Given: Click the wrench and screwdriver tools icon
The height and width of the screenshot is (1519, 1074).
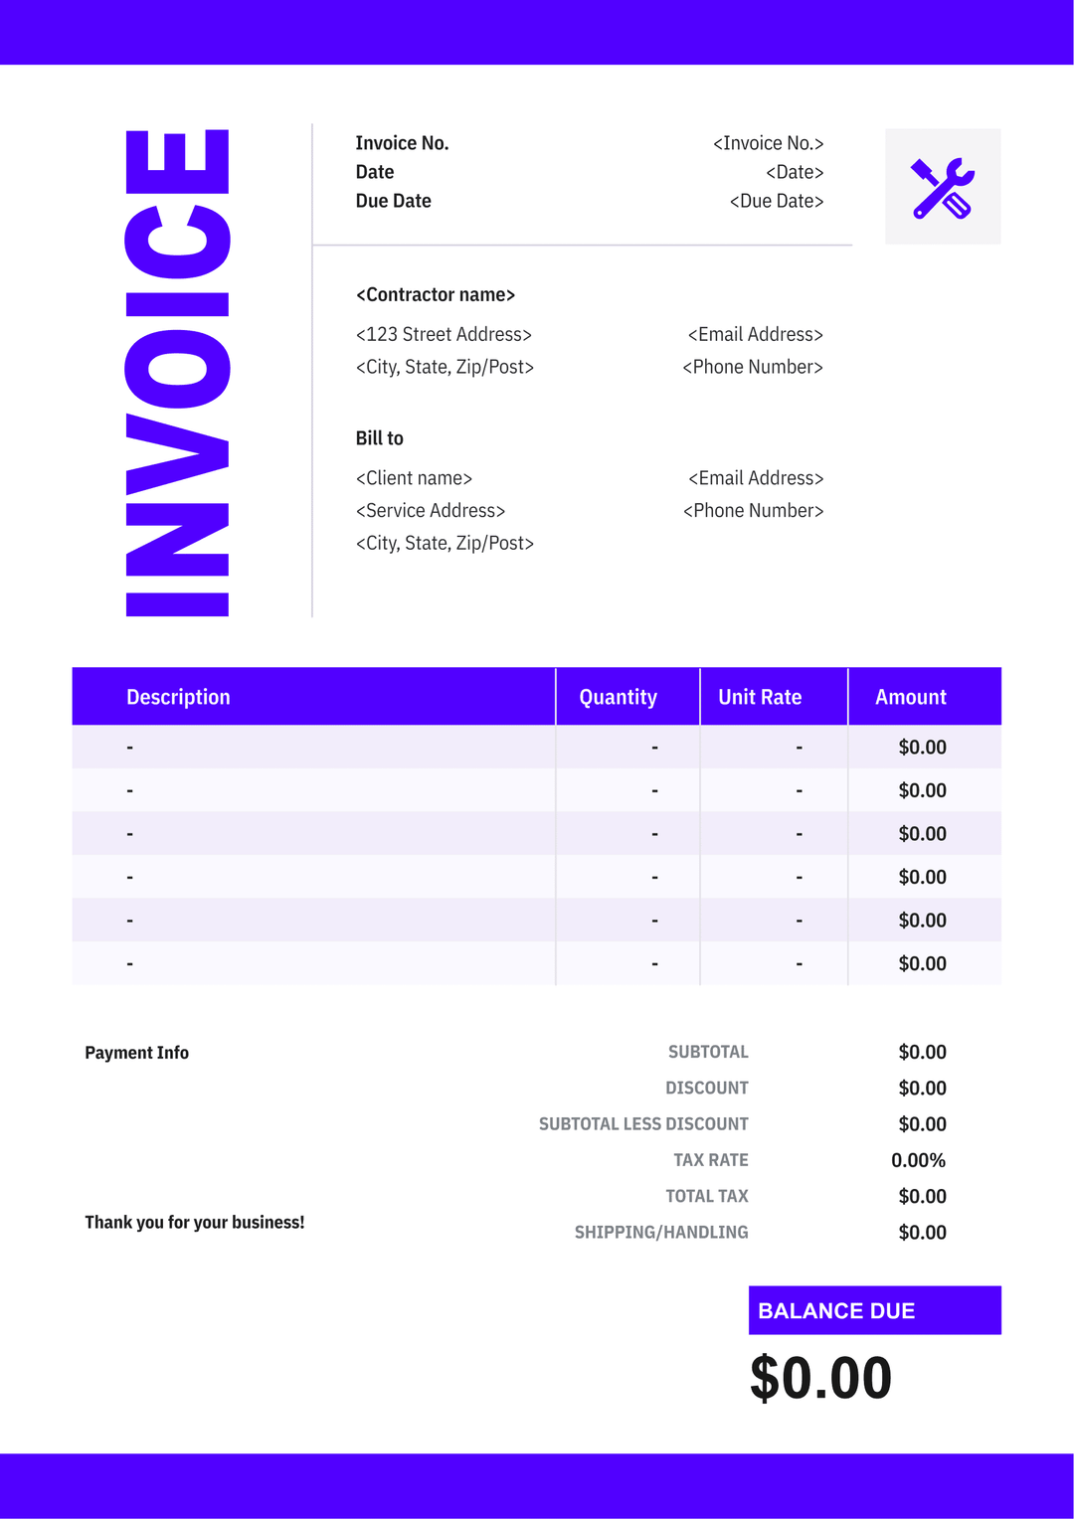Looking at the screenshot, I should (x=943, y=187).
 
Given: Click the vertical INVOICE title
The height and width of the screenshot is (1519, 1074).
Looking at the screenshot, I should (x=178, y=373).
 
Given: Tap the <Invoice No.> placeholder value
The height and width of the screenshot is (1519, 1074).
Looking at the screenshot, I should (x=768, y=143).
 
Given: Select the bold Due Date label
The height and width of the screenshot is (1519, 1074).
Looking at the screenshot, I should (x=393, y=201).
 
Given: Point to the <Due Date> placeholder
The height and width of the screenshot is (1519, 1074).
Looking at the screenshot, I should (x=776, y=201).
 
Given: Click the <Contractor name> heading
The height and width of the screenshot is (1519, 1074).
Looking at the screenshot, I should (x=436, y=294).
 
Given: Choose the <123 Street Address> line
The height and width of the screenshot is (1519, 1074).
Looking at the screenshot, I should (x=444, y=334).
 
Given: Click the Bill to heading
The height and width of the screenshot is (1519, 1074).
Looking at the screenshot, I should (x=379, y=438).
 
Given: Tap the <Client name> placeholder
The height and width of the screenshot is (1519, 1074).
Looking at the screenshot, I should (x=414, y=478).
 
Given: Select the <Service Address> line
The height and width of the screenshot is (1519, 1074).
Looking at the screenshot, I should (x=431, y=510).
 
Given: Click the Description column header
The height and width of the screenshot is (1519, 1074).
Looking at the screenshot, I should (x=178, y=697).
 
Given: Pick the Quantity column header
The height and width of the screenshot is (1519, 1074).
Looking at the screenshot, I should (x=618, y=697).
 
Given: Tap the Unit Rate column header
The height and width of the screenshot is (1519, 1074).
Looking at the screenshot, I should (x=760, y=697).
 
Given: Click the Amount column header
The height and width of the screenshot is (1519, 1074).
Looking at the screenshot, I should (x=910, y=697).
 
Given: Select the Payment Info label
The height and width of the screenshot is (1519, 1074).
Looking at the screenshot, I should (x=136, y=1053).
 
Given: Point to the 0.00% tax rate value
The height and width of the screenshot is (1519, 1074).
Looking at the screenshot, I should (x=918, y=1160).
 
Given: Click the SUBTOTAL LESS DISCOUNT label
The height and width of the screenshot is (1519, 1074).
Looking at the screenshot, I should (x=643, y=1124).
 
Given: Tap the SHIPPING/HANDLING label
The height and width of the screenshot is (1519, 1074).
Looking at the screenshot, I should (x=661, y=1233).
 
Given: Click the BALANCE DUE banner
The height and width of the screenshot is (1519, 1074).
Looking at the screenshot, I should (x=874, y=1310).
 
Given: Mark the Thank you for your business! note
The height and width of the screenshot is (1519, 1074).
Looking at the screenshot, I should (x=194, y=1223).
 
